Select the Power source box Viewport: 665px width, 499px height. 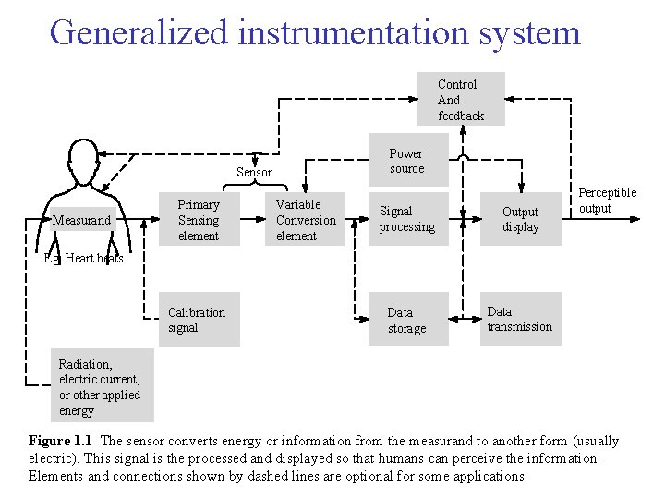click(x=406, y=161)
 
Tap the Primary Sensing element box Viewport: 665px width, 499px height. click(x=199, y=220)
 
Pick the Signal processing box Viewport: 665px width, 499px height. click(x=407, y=219)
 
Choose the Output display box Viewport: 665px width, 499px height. click(x=520, y=219)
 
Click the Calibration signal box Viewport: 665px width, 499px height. click(x=198, y=320)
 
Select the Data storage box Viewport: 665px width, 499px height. click(x=407, y=320)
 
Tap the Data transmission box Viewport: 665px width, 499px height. click(x=520, y=319)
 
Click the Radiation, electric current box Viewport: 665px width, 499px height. click(x=102, y=387)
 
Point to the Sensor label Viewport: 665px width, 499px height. click(x=254, y=172)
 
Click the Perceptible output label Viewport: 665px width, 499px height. click(x=607, y=201)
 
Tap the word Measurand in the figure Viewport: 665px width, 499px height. click(x=81, y=221)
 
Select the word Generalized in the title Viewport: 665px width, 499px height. click(x=139, y=32)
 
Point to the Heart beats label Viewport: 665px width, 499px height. click(x=92, y=259)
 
